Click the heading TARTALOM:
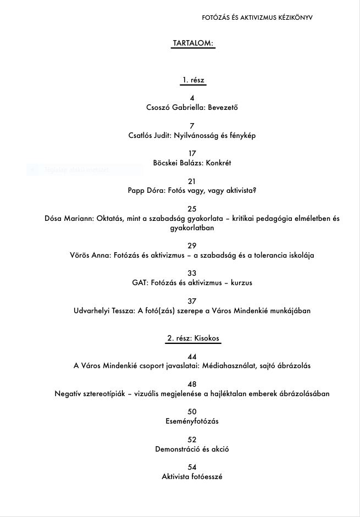tap(193, 43)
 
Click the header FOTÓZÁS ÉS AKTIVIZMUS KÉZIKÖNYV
tap(257, 18)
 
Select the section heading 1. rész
tap(193, 80)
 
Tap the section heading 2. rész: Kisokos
tap(193, 338)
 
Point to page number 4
tap(192, 98)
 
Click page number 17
tap(192, 153)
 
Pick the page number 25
tap(192, 209)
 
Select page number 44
tap(192, 357)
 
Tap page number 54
tap(192, 467)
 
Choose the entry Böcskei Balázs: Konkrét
tap(192, 163)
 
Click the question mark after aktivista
tap(254, 191)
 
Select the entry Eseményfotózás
tap(192, 421)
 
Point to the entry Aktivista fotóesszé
tap(192, 477)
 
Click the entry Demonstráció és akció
tap(192, 449)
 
